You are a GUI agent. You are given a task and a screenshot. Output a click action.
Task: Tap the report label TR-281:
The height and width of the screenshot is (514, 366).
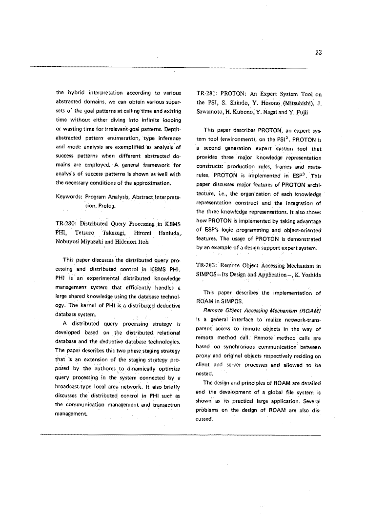tap(207, 94)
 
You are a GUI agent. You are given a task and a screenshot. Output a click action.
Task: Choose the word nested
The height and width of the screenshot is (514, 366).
tap(205, 374)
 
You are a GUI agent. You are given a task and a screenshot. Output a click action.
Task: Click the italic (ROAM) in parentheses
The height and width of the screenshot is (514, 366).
tap(308, 311)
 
